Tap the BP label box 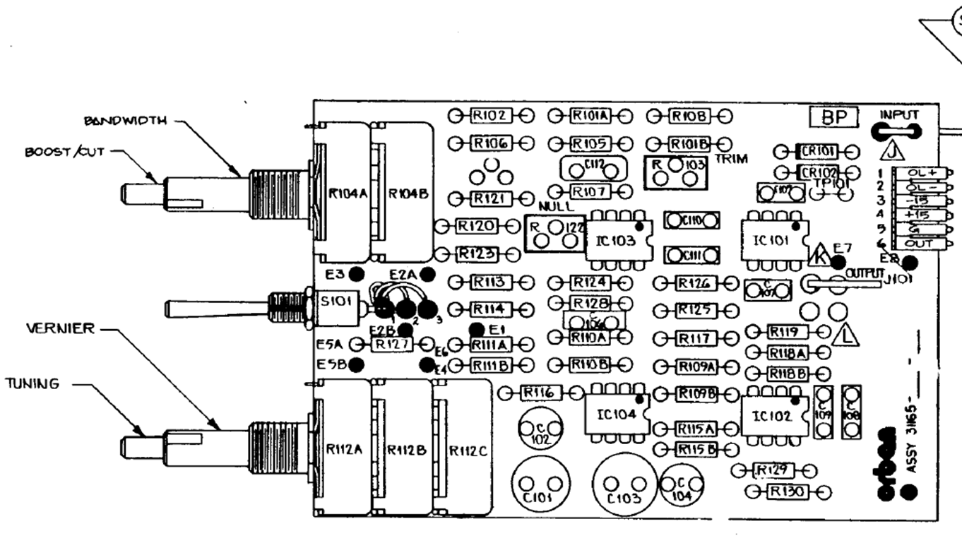click(833, 117)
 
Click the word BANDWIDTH click(126, 121)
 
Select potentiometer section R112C click(463, 450)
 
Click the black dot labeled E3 click(357, 274)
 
